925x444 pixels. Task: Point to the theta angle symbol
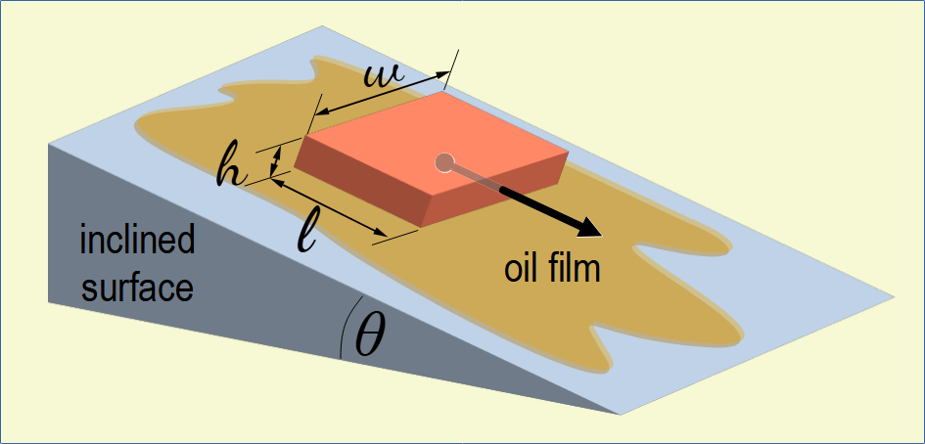[x=371, y=336]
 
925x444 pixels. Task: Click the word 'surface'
[x=137, y=289]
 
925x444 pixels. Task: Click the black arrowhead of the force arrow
[x=587, y=227]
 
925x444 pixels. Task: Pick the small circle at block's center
[x=444, y=162]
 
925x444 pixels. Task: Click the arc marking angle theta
[x=344, y=333]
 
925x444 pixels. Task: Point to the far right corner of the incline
[x=896, y=294]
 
